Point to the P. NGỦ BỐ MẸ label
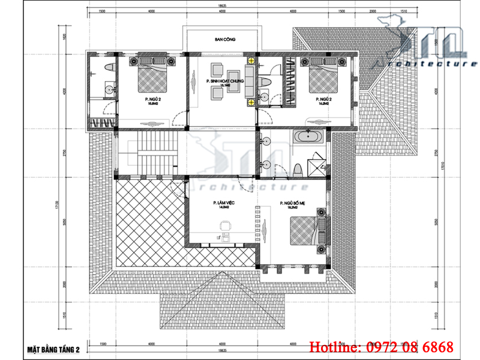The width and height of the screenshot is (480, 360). coord(293,204)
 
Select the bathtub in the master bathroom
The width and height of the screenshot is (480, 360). coord(310,137)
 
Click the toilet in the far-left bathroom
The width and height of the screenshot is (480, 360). coord(108,65)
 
